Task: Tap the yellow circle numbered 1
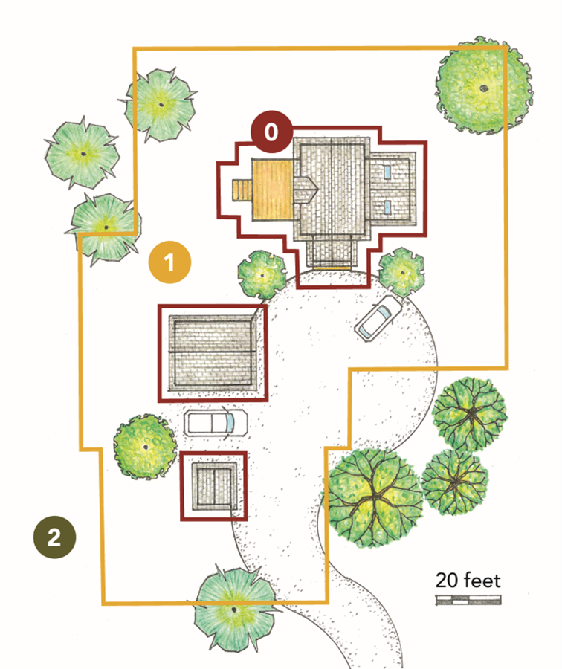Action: coord(169,262)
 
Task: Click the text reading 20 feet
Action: coord(468,579)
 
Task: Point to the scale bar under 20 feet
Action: coord(468,598)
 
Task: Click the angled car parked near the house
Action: coord(377,319)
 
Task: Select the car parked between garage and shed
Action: coord(214,423)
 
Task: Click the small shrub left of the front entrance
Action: coord(262,274)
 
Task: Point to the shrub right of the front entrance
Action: coord(401,271)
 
